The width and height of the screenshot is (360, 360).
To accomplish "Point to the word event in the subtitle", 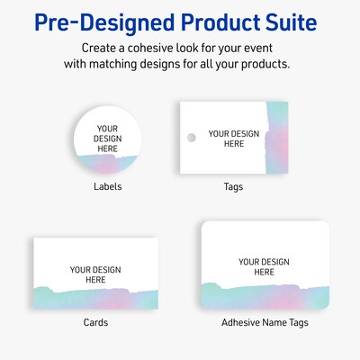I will pyautogui.click(x=262, y=47).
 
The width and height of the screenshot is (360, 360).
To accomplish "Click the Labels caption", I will pyautogui.click(x=107, y=187).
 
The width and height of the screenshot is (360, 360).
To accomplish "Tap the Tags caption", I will pyautogui.click(x=233, y=187).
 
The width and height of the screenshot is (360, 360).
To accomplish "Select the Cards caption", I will pyautogui.click(x=95, y=322).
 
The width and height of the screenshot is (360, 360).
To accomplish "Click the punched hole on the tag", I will pyautogui.click(x=190, y=138).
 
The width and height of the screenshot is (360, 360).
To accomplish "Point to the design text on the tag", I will pyautogui.click(x=233, y=139).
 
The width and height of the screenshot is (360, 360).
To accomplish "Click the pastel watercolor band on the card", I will pyautogui.click(x=95, y=296).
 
